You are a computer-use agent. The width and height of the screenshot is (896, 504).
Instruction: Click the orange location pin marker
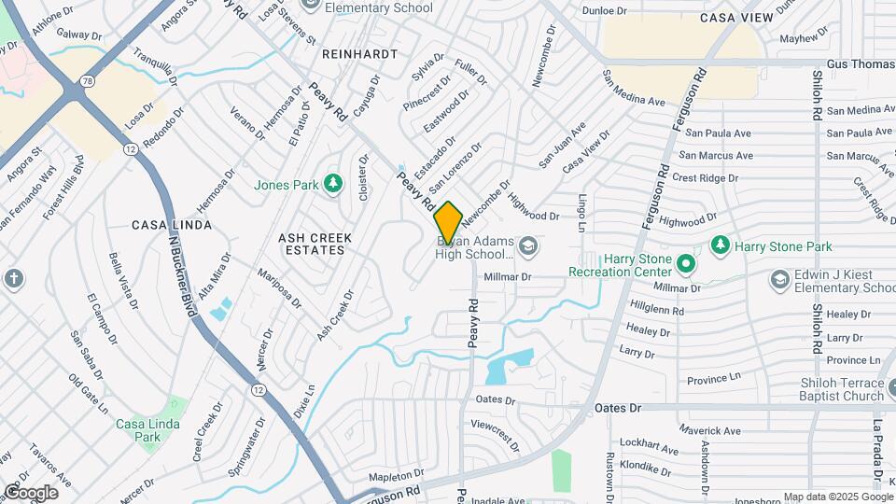point(448,223)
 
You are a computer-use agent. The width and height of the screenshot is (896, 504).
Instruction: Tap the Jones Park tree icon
point(331,184)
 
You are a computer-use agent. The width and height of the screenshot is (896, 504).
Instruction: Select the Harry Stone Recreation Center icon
point(688,263)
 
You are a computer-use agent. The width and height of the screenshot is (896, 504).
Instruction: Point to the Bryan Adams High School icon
point(528,246)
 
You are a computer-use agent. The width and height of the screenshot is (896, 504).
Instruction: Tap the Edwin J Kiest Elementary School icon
point(779,279)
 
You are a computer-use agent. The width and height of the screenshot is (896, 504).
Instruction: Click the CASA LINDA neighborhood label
point(171,225)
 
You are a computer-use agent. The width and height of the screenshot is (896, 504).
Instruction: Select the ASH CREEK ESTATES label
point(315,245)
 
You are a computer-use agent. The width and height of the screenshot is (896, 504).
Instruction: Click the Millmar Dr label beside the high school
point(507,277)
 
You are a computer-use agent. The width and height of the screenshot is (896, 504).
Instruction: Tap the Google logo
point(31,492)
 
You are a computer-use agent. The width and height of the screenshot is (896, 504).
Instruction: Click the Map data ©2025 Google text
point(838,497)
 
